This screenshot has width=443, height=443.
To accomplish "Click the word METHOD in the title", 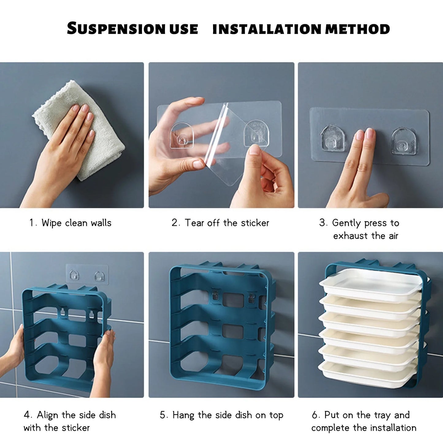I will coord(357,29).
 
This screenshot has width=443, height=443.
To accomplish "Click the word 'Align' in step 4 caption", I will coord(48,415).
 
